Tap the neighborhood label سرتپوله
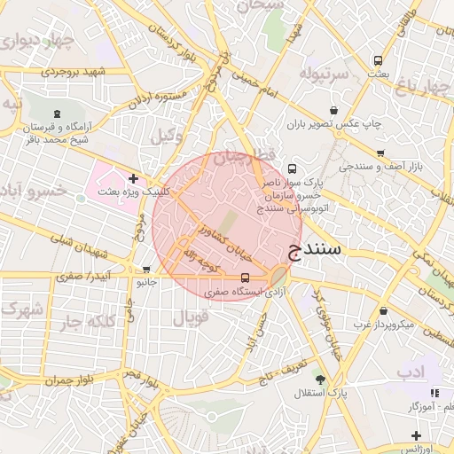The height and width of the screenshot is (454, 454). (319, 71)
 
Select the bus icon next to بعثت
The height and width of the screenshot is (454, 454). (379, 61)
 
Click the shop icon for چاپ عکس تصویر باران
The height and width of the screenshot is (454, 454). (333, 111)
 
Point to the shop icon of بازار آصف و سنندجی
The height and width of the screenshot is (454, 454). (380, 152)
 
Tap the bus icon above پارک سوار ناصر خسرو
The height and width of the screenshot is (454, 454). (294, 168)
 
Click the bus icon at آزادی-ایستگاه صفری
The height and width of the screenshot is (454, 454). (246, 278)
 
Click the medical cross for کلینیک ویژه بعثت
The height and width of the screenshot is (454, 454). (133, 179)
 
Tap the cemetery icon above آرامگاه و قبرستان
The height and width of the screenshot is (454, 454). (58, 113)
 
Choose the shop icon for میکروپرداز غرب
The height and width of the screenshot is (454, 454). (383, 311)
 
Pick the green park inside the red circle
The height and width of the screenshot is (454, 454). (229, 222)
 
